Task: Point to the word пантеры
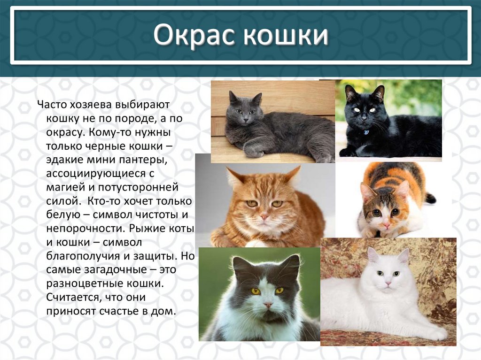[144, 161]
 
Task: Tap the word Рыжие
[149, 229]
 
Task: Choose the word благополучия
[81, 257]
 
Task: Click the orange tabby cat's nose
[264, 216]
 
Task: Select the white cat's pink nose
[388, 283]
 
